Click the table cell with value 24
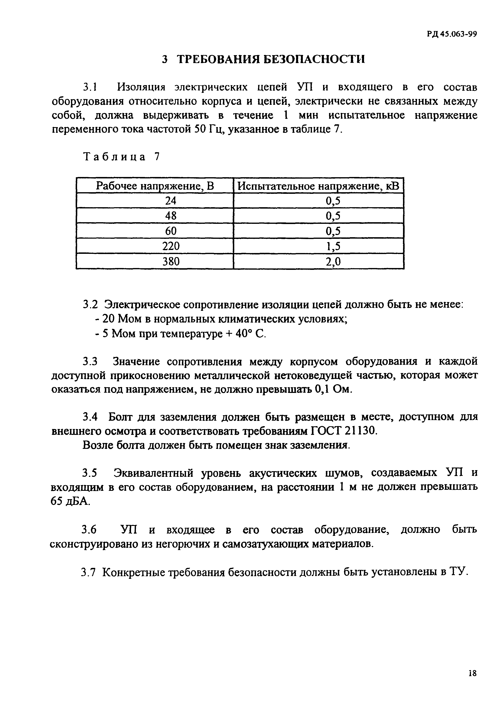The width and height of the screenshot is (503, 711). [171, 201]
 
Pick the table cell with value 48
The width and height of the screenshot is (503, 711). [171, 216]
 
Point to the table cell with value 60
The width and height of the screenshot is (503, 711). [171, 231]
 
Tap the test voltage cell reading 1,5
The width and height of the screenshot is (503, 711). [333, 246]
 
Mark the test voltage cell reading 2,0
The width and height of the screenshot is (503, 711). [333, 262]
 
